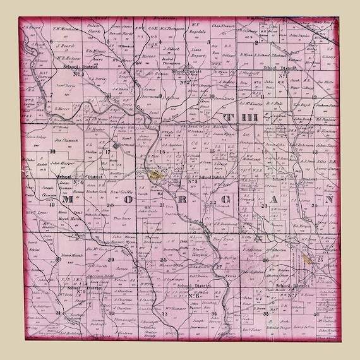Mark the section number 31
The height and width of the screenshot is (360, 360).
pyautogui.click(x=57, y=313)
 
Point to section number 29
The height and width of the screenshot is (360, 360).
pyautogui.click(x=111, y=260)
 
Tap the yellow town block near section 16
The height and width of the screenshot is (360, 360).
pyautogui.click(x=156, y=176)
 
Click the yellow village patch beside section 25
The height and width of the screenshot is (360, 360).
pyautogui.click(x=308, y=258)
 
